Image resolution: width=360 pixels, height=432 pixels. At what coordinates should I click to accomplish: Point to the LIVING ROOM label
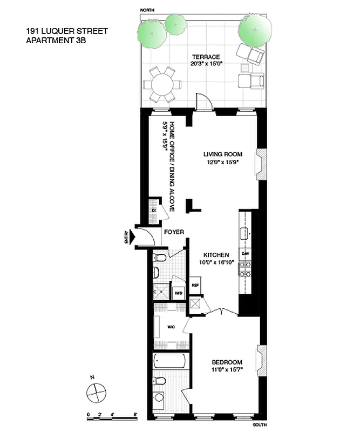[223, 154]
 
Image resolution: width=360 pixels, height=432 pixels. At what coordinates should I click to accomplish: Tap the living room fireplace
[260, 163]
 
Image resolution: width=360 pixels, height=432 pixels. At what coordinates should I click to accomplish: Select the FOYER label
[174, 232]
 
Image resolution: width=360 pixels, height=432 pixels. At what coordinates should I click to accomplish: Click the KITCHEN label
[216, 255]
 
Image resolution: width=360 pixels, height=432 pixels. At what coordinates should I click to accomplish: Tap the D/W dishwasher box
[246, 253]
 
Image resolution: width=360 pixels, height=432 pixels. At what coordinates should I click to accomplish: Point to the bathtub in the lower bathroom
[169, 361]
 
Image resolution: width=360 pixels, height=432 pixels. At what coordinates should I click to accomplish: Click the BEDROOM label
[227, 362]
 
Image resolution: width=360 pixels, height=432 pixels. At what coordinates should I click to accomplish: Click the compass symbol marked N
[95, 389]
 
